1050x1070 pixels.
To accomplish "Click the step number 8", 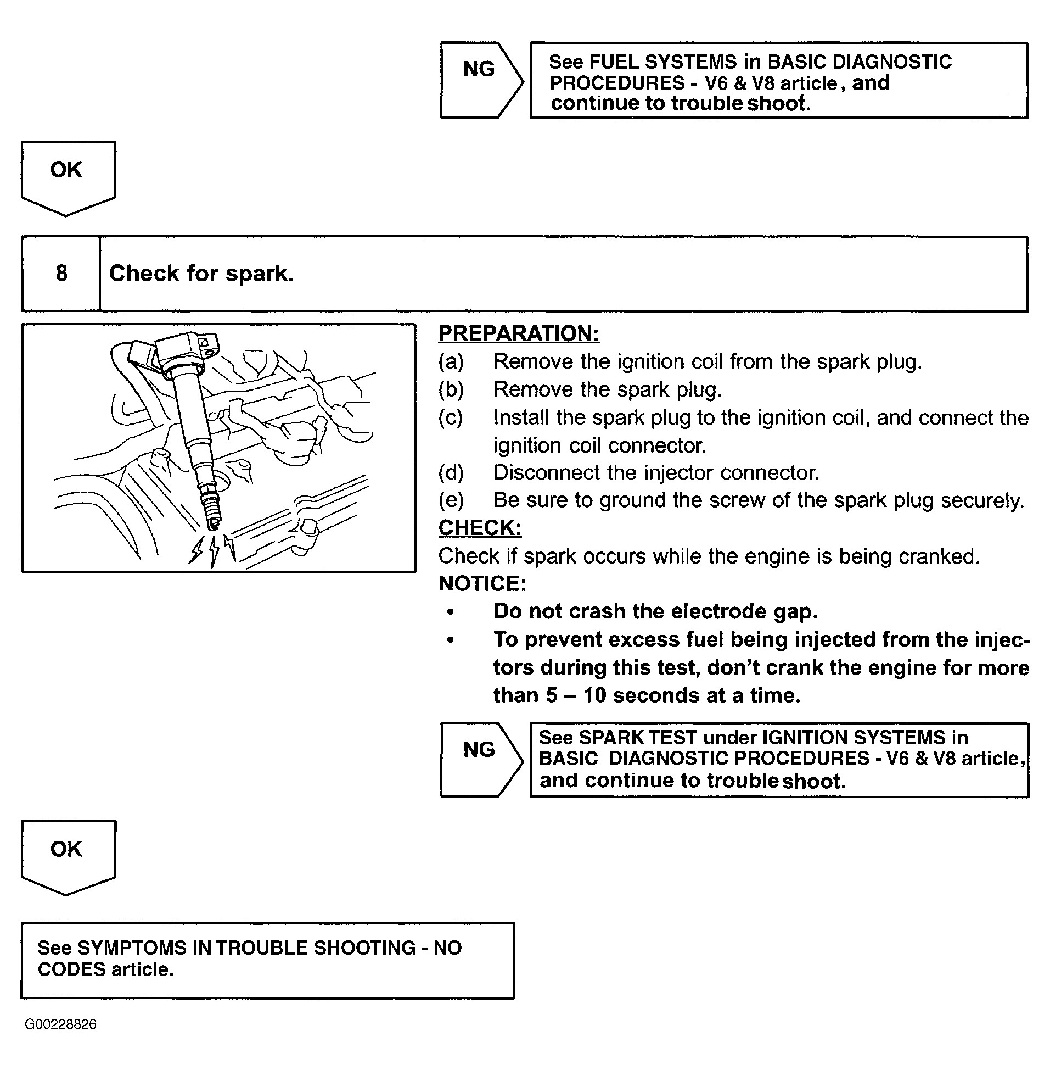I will pyautogui.click(x=61, y=274).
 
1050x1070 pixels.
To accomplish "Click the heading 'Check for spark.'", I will pyautogui.click(x=201, y=274).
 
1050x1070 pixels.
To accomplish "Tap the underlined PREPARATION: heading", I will pyautogui.click(x=518, y=334).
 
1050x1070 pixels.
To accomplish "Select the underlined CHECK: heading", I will pyautogui.click(x=480, y=528).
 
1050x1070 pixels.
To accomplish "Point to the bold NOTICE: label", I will pyautogui.click(x=482, y=584).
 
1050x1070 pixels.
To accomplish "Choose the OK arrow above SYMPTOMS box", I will pyautogui.click(x=68, y=855).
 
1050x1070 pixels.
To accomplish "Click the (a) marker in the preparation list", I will pyautogui.click(x=451, y=362).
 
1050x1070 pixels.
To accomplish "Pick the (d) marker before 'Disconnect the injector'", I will pyautogui.click(x=451, y=473).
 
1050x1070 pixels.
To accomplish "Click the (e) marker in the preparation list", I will pyautogui.click(x=451, y=500).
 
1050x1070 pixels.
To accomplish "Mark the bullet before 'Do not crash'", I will pyautogui.click(x=451, y=612).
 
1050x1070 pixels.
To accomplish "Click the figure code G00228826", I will pyautogui.click(x=61, y=1024).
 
